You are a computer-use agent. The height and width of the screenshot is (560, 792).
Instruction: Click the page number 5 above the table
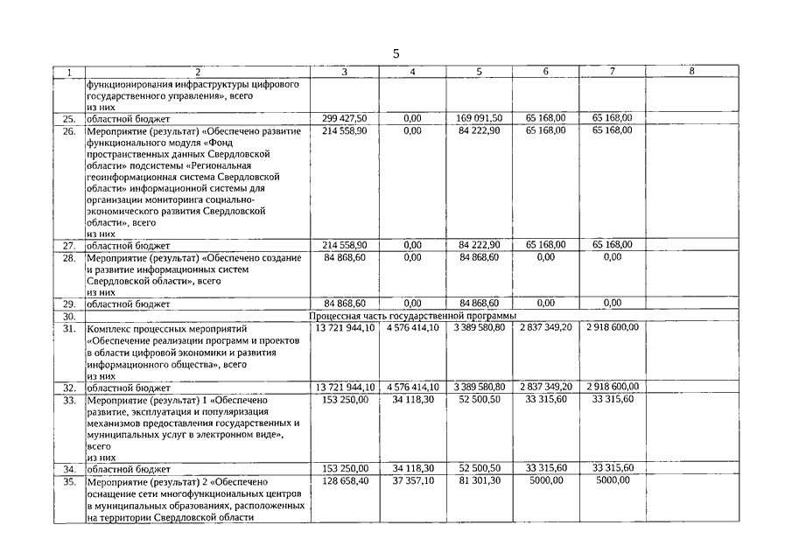396,53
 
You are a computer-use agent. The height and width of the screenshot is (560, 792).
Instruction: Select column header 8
692,72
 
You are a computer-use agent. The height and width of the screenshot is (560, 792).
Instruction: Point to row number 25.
69,118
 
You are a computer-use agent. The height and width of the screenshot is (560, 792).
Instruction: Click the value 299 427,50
345,118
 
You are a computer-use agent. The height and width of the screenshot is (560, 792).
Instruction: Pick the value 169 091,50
480,118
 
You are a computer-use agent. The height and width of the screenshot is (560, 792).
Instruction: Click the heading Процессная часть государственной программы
413,315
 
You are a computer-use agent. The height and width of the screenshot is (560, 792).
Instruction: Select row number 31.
69,327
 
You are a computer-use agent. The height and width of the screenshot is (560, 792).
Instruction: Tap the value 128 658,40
345,481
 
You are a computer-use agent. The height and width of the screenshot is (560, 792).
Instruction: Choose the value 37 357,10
412,481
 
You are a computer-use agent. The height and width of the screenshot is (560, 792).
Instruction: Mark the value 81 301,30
480,481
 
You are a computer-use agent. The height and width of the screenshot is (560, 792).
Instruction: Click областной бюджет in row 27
128,246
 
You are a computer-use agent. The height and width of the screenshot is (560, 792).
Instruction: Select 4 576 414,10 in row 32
412,387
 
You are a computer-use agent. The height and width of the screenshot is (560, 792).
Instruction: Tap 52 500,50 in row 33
480,399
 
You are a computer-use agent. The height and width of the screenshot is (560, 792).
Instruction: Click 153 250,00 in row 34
345,469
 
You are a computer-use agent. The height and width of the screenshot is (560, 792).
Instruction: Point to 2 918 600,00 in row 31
612,327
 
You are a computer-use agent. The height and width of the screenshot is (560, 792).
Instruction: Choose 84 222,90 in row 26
480,130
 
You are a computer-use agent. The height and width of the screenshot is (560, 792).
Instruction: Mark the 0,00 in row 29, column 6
545,303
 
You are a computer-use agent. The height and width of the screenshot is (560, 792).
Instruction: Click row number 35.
69,481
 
